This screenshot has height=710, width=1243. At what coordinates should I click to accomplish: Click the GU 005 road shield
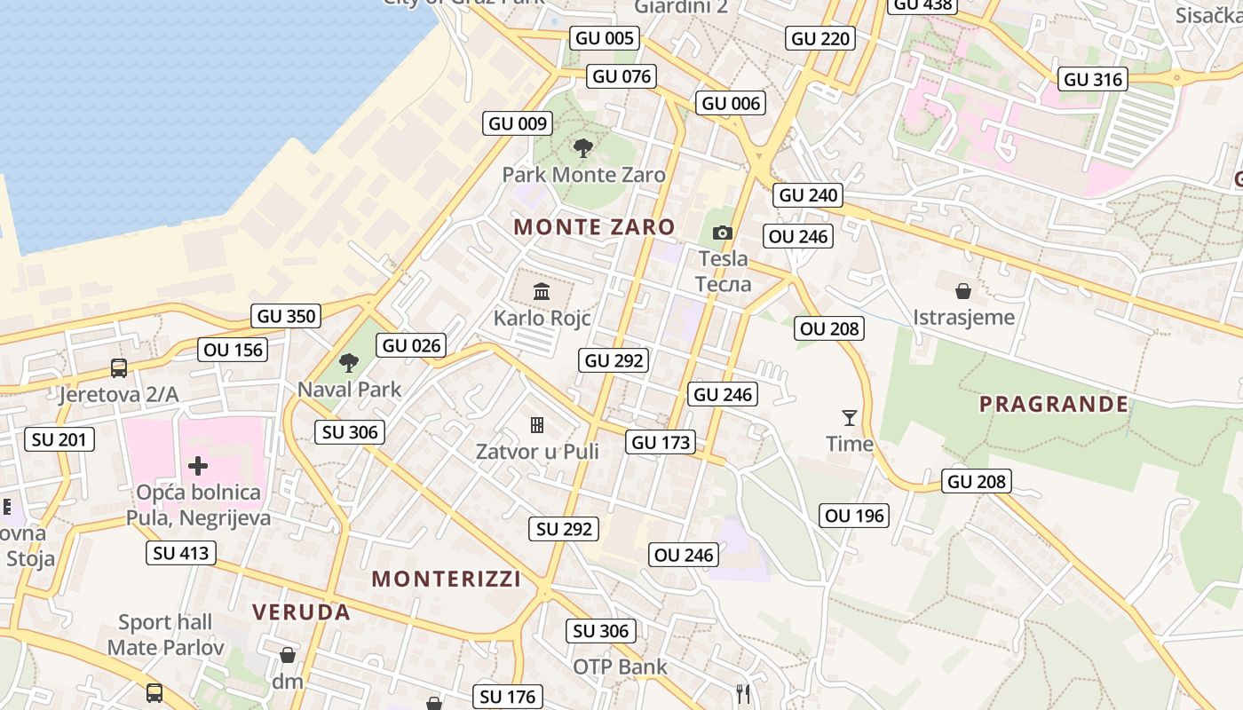click(x=606, y=37)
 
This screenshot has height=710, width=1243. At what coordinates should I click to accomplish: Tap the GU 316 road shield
click(x=1093, y=79)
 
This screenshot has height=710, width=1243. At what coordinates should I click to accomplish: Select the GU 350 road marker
click(x=286, y=316)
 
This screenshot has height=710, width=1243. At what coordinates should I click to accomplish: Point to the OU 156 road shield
click(x=234, y=350)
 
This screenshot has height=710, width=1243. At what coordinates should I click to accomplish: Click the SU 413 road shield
click(x=181, y=553)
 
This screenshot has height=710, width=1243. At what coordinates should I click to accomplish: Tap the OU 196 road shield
click(x=854, y=516)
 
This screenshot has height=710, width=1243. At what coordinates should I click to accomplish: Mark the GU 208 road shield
click(x=978, y=482)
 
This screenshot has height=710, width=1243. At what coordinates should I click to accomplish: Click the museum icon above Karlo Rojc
click(x=542, y=291)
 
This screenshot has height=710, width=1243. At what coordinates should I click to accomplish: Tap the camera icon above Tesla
click(x=723, y=233)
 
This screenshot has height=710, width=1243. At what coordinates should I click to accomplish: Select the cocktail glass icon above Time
click(x=850, y=417)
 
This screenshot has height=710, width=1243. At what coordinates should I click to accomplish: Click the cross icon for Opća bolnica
click(x=198, y=466)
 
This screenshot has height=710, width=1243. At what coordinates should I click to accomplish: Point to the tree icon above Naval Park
click(x=349, y=362)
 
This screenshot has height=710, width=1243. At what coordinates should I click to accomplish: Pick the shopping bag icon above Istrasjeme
click(x=963, y=290)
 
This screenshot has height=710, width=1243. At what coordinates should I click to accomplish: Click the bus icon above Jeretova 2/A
click(x=118, y=367)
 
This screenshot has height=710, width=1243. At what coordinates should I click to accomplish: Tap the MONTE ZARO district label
click(x=595, y=227)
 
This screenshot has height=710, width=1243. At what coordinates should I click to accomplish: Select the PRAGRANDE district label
click(x=1054, y=405)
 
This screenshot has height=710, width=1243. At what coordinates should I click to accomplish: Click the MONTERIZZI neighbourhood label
click(x=446, y=580)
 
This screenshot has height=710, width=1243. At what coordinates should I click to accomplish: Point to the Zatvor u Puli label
click(x=537, y=452)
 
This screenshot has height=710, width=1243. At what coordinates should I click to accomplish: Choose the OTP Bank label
click(x=620, y=667)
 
